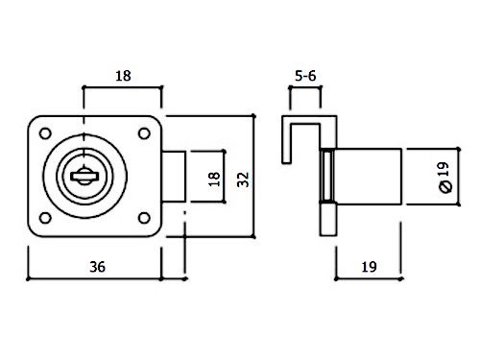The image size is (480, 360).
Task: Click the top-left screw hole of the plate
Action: coord(45,133)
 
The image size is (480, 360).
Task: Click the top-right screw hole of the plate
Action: coord(144,133)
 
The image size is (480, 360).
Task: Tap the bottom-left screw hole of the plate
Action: coord(45,218)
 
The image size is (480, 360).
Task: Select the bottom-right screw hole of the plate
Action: coord(144,218)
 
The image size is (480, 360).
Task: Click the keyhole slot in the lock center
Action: coord(84,176)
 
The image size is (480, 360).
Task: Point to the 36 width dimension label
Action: coord(97,267)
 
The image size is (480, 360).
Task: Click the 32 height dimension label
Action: coord(243,180)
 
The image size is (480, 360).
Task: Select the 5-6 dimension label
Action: coord(305,76)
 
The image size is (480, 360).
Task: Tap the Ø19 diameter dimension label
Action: coord(444,178)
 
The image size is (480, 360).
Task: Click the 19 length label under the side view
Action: coord(369,267)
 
